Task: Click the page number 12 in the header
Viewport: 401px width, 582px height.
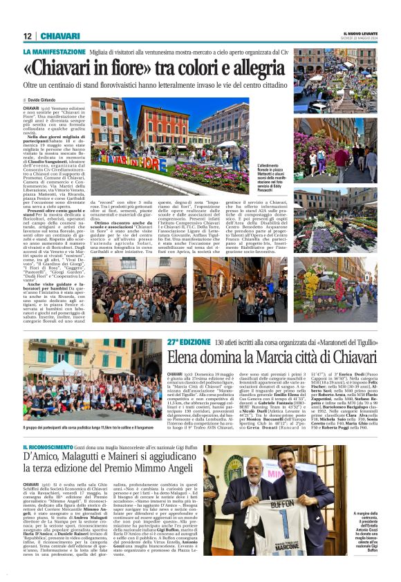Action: [x=27, y=36]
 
